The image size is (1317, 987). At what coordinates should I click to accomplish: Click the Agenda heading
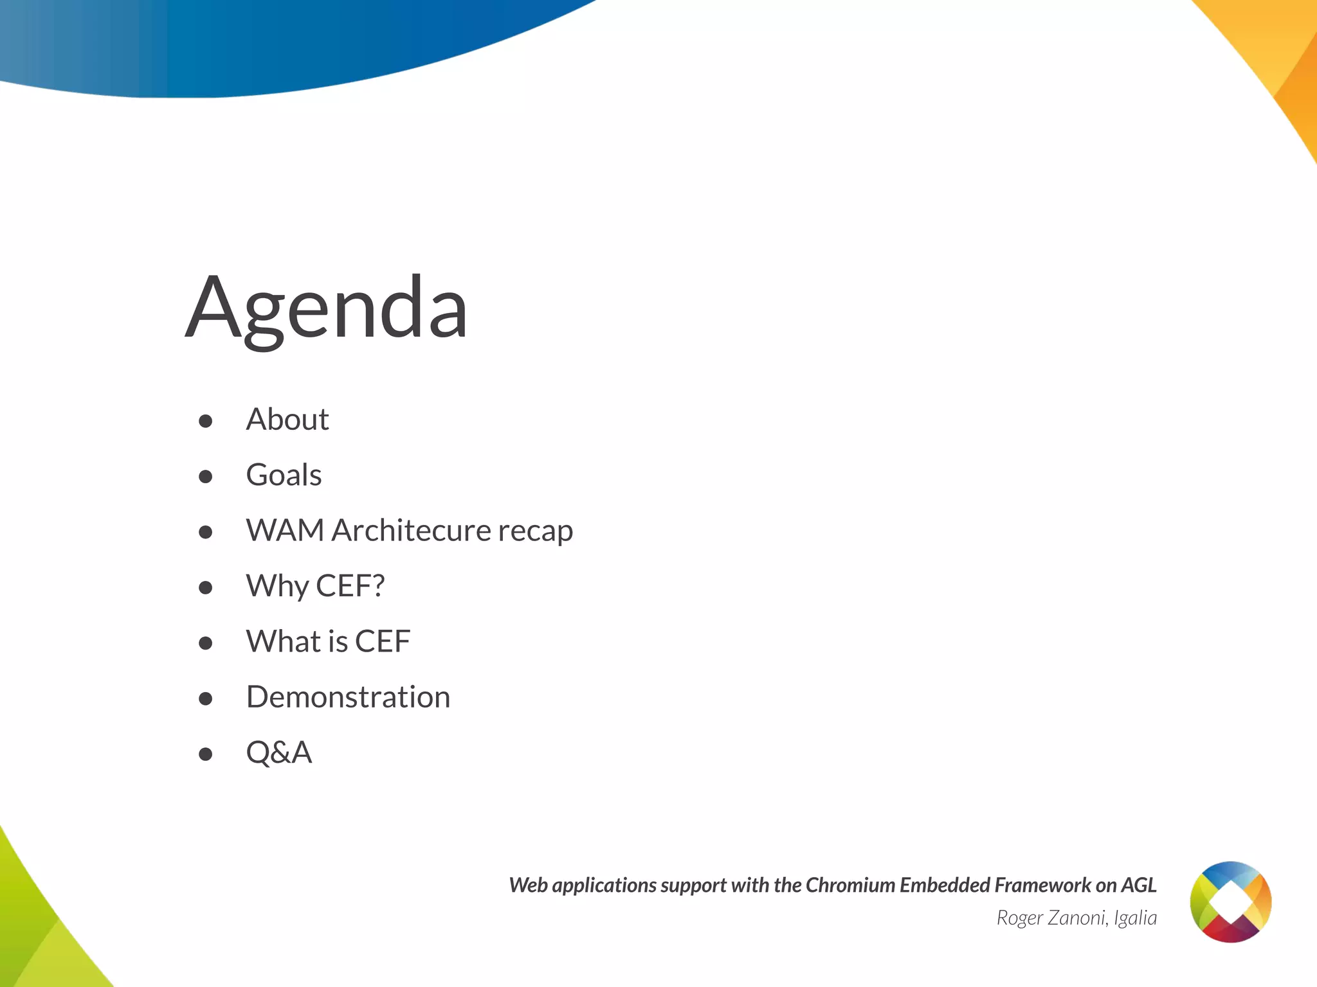click(x=326, y=308)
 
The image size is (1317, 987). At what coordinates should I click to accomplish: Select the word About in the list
click(x=287, y=420)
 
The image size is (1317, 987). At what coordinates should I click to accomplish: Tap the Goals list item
click(x=284, y=476)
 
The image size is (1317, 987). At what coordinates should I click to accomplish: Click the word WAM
click(x=285, y=531)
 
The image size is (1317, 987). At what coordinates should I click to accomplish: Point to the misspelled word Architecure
click(x=412, y=531)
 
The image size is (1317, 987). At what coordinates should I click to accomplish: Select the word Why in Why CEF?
click(x=277, y=587)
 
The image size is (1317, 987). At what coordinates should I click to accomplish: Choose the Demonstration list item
click(x=348, y=697)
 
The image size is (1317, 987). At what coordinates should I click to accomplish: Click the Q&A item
click(x=279, y=752)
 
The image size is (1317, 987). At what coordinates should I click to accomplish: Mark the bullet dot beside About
click(x=206, y=422)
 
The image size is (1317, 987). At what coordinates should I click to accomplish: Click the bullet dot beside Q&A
click(x=206, y=754)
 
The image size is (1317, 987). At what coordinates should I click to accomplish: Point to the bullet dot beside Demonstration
click(x=206, y=699)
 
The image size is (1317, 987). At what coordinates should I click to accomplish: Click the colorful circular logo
click(x=1230, y=902)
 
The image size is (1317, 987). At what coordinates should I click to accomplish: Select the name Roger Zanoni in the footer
click(x=1051, y=918)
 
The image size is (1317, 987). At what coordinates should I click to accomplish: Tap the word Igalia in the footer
click(x=1135, y=918)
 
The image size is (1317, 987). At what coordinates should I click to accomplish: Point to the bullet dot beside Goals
click(x=206, y=477)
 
